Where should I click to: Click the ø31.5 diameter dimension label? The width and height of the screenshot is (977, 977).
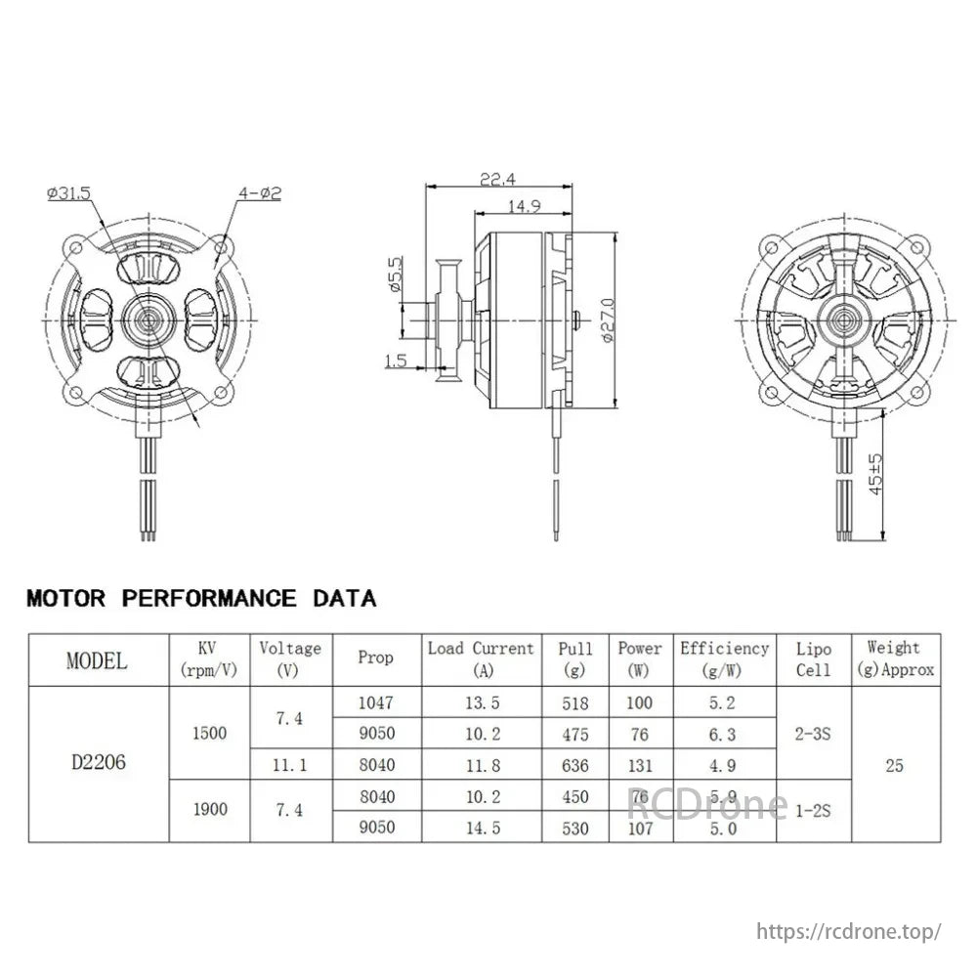pos(67,193)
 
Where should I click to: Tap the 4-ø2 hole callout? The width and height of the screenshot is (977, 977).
pos(259,193)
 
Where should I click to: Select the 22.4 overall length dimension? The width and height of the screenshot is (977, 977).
pos(498,179)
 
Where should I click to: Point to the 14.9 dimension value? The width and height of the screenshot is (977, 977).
pos(525,206)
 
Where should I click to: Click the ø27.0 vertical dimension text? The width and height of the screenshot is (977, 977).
pos(608,319)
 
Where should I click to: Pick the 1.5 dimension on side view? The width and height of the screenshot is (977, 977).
pos(396,361)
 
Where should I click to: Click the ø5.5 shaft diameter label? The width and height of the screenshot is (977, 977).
pos(396,276)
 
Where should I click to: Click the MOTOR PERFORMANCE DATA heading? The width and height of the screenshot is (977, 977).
pos(201,598)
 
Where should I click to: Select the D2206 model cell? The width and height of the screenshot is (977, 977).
pos(98,764)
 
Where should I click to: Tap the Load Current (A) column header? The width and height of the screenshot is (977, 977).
pos(481,658)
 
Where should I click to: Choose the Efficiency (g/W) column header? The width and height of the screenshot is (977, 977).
pos(724,658)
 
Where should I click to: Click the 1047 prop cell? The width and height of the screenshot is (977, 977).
pos(375,702)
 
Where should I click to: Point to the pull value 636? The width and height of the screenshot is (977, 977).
pos(576,765)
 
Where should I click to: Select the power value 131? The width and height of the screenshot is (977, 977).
pos(639,765)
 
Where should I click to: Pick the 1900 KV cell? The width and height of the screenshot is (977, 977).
pos(210,810)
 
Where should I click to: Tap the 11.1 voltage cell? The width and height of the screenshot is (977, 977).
pos(290,765)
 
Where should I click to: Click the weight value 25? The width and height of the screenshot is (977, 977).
pos(894,765)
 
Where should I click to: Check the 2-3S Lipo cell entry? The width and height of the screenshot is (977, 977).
pos(813,734)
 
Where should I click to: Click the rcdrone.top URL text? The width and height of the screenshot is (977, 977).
pos(849,930)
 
